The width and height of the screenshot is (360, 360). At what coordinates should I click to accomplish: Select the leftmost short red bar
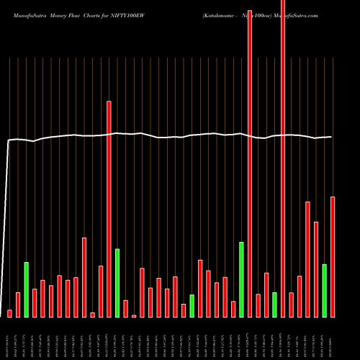click(10, 313)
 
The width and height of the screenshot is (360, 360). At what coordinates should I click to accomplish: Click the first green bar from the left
click(26, 289)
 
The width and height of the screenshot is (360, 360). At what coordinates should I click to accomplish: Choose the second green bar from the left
click(117, 283)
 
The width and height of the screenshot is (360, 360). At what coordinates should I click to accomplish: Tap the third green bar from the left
click(192, 305)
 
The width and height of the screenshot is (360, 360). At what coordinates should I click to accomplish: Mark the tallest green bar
click(241, 279)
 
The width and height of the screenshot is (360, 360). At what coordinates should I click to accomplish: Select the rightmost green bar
click(324, 290)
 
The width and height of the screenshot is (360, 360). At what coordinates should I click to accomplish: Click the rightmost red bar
click(333, 256)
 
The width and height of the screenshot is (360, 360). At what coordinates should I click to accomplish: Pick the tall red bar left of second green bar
click(109, 209)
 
